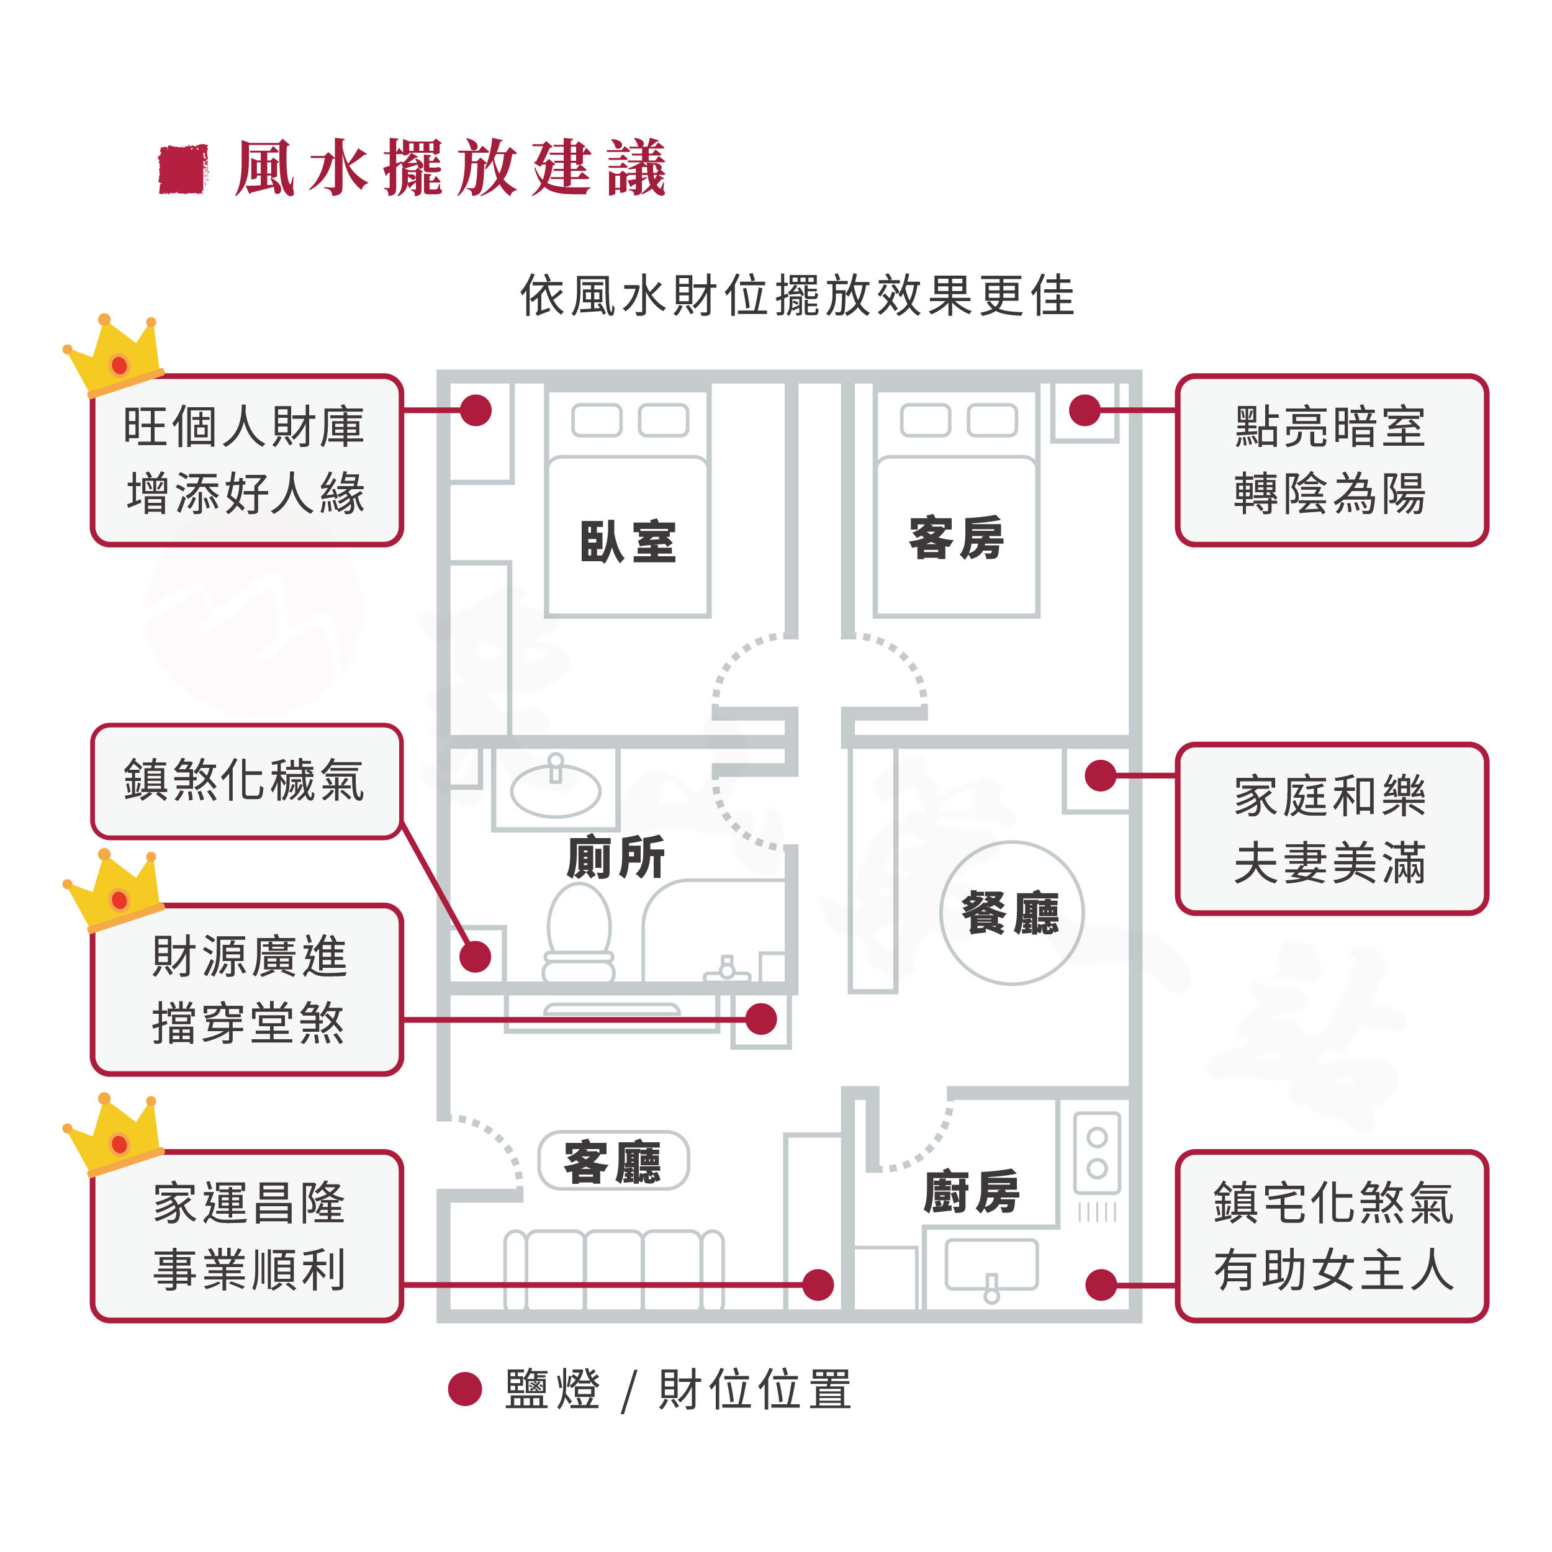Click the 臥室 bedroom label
click(628, 541)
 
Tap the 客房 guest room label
click(956, 538)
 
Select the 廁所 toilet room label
click(615, 857)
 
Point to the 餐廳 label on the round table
click(1011, 913)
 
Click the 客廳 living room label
click(613, 1161)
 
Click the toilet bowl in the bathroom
click(579, 932)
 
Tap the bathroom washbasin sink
click(555, 789)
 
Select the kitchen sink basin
click(991, 1265)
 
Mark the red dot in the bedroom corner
click(476, 410)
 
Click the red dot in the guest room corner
click(1085, 410)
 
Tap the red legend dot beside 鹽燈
click(464, 1389)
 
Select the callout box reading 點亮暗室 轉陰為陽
click(1331, 459)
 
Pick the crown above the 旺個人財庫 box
click(115, 355)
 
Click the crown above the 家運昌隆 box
click(115, 1134)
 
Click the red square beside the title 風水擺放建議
click(183, 169)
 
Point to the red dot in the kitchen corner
click(1101, 1284)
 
